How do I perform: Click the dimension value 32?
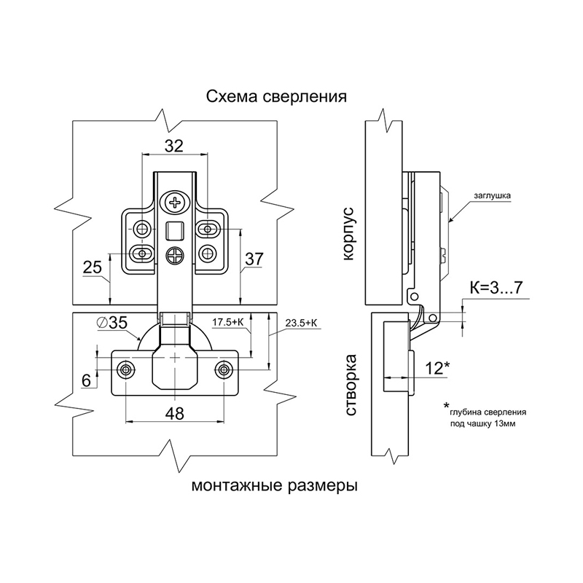point(174,146)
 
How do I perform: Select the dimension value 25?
point(92,267)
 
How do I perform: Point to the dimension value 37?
point(254,259)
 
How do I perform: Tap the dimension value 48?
point(174,412)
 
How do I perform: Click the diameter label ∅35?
point(111,323)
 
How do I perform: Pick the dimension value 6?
point(86,380)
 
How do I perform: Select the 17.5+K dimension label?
point(227,323)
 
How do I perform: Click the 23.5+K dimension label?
point(301,323)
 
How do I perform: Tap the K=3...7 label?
point(496,288)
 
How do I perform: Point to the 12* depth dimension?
point(437,368)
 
